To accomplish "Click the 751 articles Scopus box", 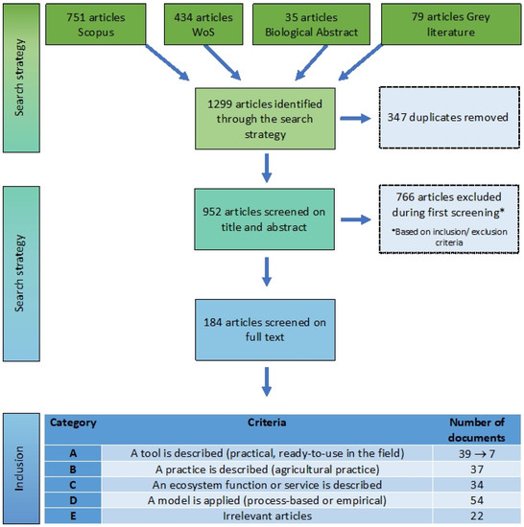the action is (96, 24).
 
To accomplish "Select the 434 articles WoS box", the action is (203, 24).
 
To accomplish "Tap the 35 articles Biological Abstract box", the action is (311, 24).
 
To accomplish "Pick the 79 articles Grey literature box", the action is (451, 24).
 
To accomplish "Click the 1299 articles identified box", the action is (265, 119).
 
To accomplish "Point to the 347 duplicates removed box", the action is (449, 118).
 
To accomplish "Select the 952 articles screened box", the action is (265, 219).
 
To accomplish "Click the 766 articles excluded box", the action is (449, 218).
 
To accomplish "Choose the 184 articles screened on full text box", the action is (265, 330).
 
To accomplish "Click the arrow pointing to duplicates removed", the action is (355, 118).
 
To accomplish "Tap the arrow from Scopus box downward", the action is (167, 63).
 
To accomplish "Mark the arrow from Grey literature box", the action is (361, 62).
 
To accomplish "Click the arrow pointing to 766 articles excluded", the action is (356, 219).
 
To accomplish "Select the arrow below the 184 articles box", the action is (267, 381).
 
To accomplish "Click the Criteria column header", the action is (267, 423).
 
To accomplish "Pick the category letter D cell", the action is (73, 500).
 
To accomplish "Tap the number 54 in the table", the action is (477, 500).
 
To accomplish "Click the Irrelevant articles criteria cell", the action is (267, 516).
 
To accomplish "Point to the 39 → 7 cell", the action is (477, 454).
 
